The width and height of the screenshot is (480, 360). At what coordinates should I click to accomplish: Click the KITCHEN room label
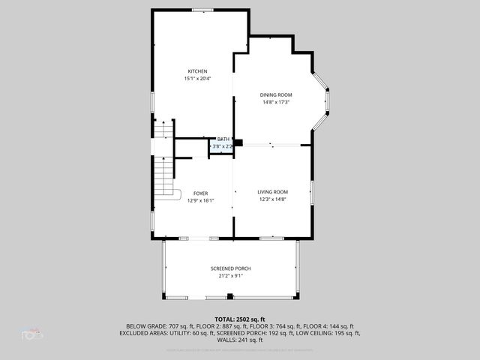[x=197, y=71]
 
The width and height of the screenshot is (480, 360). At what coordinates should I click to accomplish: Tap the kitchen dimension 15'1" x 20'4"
[x=197, y=79]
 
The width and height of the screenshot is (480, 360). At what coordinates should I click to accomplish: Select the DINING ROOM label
[x=276, y=94]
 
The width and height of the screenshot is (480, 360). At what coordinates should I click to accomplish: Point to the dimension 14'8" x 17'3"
[x=276, y=102]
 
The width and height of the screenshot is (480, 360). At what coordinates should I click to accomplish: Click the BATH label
[x=223, y=139]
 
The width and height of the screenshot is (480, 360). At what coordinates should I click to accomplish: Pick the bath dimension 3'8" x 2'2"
[x=222, y=147]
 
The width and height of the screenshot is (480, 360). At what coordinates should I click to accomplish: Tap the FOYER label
[x=200, y=193]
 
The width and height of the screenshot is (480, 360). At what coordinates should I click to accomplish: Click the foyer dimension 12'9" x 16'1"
[x=200, y=200]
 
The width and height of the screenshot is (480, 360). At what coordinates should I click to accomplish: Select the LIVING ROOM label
[x=273, y=192]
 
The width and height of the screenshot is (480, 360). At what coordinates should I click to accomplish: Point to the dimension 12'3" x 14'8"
[x=273, y=199]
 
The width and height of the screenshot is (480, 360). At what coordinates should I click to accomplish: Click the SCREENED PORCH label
[x=230, y=268]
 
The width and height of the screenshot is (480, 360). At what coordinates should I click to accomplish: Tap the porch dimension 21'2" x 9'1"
[x=230, y=276]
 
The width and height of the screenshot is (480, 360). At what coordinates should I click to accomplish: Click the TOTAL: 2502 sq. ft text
[x=240, y=319]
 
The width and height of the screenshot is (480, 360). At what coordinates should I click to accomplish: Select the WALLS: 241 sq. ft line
[x=240, y=340]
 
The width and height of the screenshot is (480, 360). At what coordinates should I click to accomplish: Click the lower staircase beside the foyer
[x=163, y=180]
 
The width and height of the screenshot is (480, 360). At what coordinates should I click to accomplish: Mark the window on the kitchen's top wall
[x=202, y=10]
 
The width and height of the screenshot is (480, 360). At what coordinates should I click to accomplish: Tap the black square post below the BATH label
[x=238, y=142]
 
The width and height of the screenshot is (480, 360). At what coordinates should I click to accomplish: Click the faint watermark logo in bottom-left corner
[x=31, y=334]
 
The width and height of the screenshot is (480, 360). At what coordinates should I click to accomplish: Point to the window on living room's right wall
[x=311, y=191]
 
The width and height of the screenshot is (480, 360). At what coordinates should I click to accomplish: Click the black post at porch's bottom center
[x=230, y=297]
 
